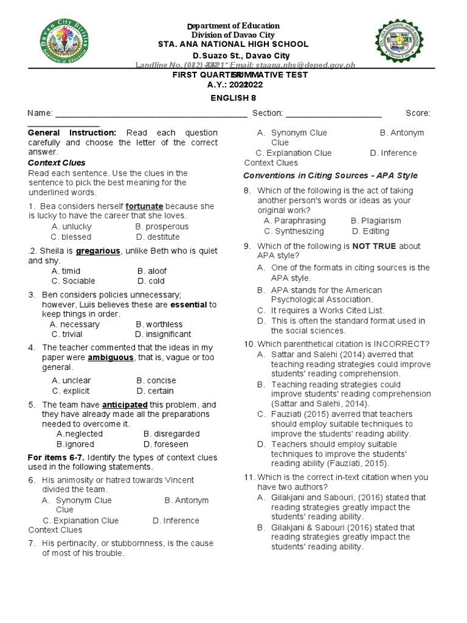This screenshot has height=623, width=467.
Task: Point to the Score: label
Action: click(x=418, y=113)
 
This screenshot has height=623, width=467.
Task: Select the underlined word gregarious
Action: click(x=97, y=251)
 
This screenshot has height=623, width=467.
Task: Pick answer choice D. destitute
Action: click(x=158, y=237)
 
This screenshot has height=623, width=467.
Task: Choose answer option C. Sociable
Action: click(x=74, y=281)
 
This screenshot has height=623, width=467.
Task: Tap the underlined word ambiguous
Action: click(x=111, y=358)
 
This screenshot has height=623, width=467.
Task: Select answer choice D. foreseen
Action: click(x=166, y=444)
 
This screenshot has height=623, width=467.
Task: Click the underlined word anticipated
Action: click(x=125, y=405)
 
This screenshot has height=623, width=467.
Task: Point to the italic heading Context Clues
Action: click(x=57, y=163)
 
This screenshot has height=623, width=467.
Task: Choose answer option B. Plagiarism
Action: click(x=376, y=221)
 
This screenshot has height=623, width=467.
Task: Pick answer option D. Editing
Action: click(x=372, y=231)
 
